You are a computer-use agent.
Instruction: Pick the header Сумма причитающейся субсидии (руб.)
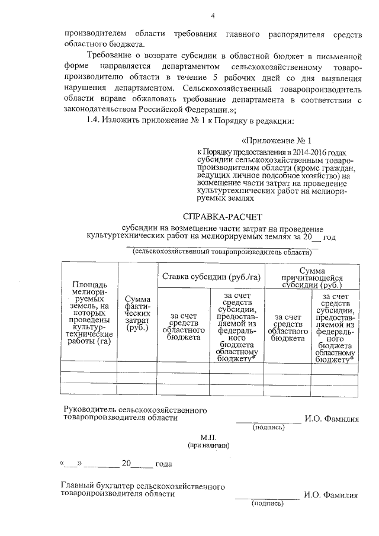click(x=312, y=277)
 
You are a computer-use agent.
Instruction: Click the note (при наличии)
click(x=208, y=444)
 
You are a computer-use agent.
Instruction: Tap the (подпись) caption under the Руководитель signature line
click(x=269, y=427)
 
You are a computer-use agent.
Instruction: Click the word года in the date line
click(x=163, y=464)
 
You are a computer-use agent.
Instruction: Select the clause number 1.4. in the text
click(x=95, y=121)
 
